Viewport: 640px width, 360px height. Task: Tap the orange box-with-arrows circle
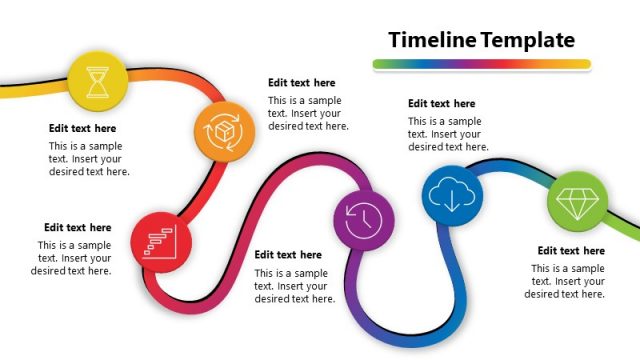223,130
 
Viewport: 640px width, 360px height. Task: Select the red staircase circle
160,241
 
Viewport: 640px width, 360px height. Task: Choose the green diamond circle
576,203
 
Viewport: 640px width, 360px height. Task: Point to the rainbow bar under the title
481,64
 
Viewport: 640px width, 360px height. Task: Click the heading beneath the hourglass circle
83,128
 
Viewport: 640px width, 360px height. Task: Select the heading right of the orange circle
302,83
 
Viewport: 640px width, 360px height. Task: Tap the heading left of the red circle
77,228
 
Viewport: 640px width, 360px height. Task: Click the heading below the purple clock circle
288,255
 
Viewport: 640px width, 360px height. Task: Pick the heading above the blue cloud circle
441,103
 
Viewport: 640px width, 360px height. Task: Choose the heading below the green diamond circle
571,251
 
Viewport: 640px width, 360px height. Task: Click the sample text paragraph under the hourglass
89,158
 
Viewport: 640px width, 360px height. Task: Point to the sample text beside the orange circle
308,113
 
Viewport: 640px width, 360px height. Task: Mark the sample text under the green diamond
566,281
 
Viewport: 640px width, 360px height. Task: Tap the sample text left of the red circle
72,258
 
